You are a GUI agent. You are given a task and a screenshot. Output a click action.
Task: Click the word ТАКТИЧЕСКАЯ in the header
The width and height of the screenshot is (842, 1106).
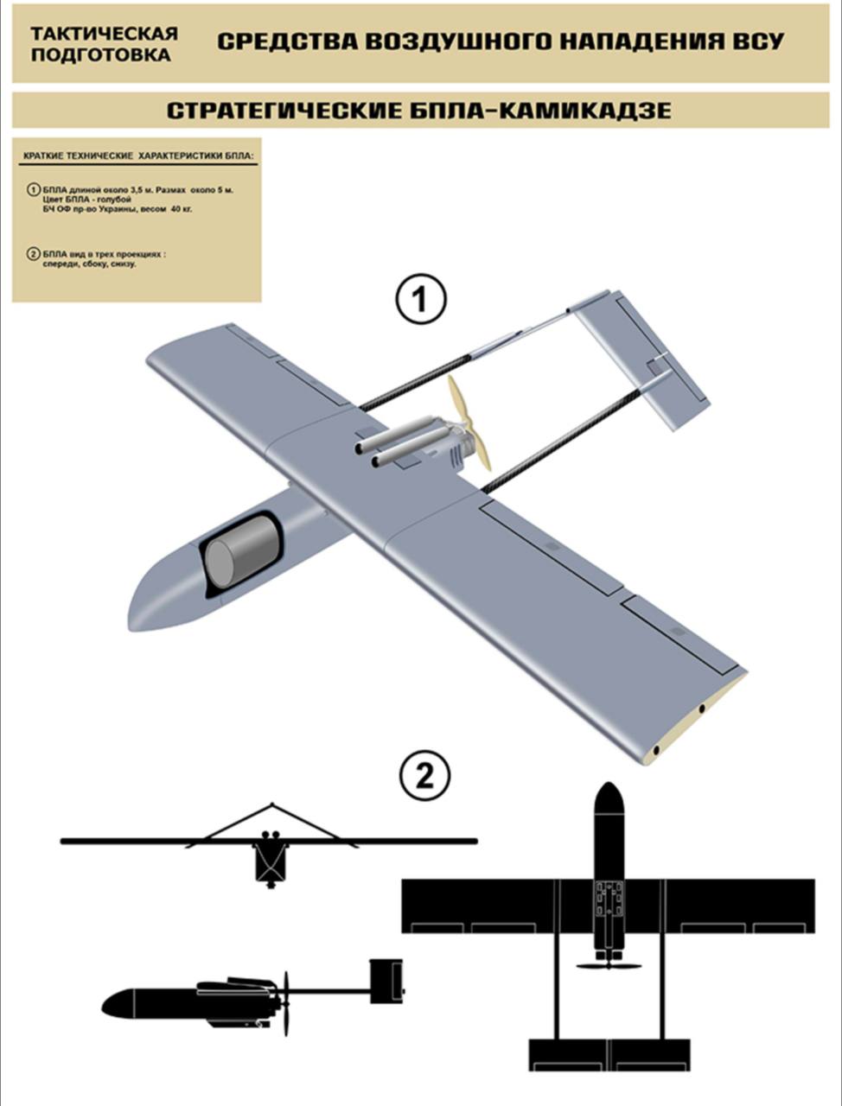tap(105, 33)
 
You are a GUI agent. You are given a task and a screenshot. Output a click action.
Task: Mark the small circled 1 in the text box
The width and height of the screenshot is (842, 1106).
tap(33, 190)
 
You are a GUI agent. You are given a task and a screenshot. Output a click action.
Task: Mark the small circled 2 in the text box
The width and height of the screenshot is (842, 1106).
tap(33, 254)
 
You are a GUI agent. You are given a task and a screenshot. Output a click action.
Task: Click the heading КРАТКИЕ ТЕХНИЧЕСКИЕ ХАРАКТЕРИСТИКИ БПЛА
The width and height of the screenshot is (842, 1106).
tap(137, 156)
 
